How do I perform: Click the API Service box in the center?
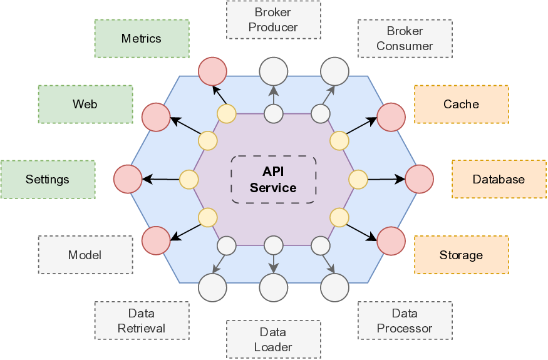click(x=273, y=180)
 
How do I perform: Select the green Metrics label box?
click(x=142, y=39)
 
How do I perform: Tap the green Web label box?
click(x=85, y=104)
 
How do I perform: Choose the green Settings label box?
click(x=48, y=180)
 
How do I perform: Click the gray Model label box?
click(x=85, y=255)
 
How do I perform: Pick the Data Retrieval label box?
click(x=142, y=321)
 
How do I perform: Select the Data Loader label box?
click(x=273, y=340)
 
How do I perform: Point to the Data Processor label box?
click(x=405, y=321)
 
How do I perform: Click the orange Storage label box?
click(x=461, y=255)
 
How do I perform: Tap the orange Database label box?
click(x=499, y=180)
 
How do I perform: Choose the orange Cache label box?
click(x=461, y=104)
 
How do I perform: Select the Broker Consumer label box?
click(x=405, y=39)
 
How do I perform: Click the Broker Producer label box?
click(x=273, y=20)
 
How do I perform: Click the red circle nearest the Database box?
click(x=419, y=179)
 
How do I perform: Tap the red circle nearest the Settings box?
click(x=128, y=179)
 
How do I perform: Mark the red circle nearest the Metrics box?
click(x=212, y=71)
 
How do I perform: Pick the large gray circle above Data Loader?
click(x=273, y=287)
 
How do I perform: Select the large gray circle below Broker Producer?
click(x=273, y=71)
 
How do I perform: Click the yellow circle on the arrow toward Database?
click(x=358, y=180)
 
